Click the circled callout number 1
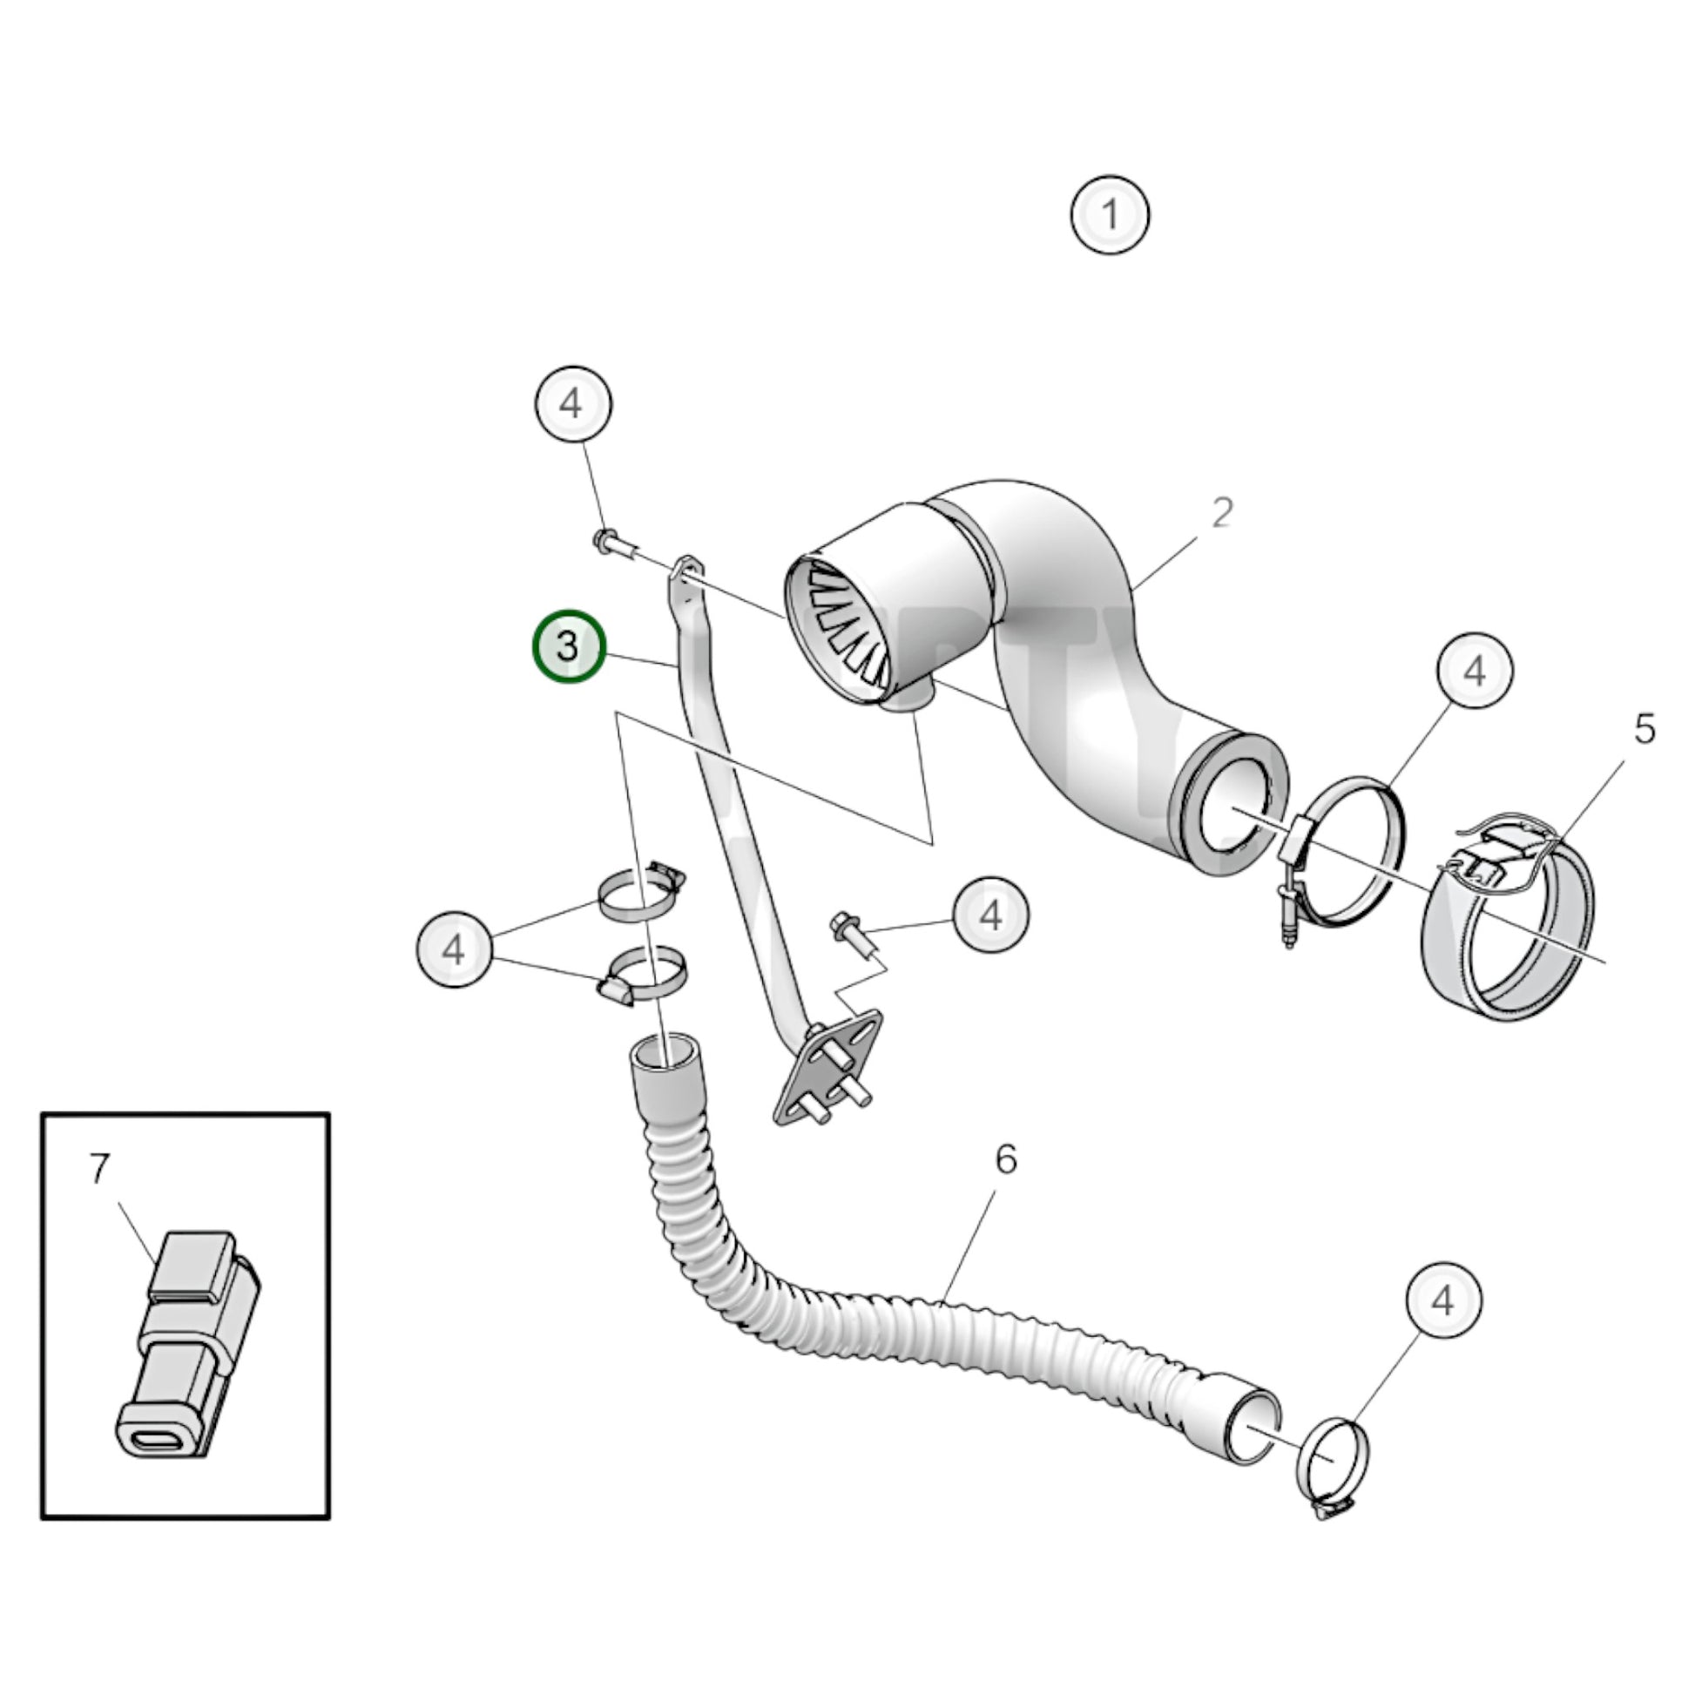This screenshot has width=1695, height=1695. [1110, 215]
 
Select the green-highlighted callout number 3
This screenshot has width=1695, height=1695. [569, 646]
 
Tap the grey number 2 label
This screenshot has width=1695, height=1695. [1221, 512]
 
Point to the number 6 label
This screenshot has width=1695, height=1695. [1005, 1160]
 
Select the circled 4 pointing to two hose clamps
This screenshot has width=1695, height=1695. [454, 949]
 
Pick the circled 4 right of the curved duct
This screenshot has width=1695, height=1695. [1475, 672]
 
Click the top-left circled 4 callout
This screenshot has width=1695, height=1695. [572, 404]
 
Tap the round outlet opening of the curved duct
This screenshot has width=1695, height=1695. [1232, 807]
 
